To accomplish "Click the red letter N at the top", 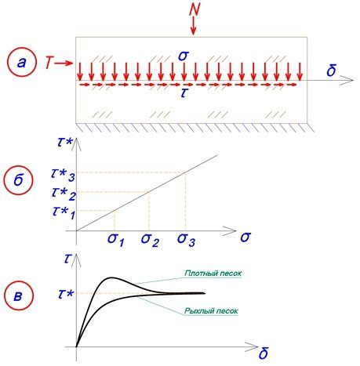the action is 194,9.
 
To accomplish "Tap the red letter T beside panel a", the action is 49,63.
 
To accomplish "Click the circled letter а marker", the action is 21,63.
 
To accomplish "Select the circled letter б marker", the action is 18,179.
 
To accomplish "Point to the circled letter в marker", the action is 19,295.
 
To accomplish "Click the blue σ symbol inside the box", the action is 184,56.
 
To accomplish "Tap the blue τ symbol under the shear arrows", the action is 184,93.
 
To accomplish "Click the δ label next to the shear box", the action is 331,70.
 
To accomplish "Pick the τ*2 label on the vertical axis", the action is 64,194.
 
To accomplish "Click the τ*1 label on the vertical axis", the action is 64,213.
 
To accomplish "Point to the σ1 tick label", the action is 115,240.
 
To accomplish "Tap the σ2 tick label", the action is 150,240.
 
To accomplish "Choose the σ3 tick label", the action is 186,240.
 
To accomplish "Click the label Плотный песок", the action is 213,274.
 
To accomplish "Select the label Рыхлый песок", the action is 211,311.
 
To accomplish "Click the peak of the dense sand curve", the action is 112,277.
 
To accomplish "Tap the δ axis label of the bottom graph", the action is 263,354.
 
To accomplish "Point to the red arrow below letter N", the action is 193,26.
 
